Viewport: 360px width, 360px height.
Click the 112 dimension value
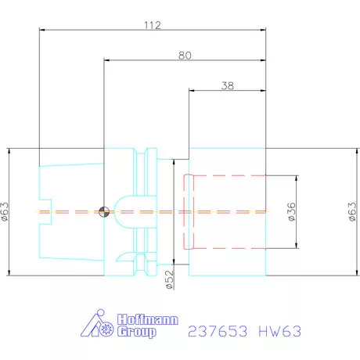152,25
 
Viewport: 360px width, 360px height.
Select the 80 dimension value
185,55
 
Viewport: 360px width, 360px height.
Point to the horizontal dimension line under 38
227,92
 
